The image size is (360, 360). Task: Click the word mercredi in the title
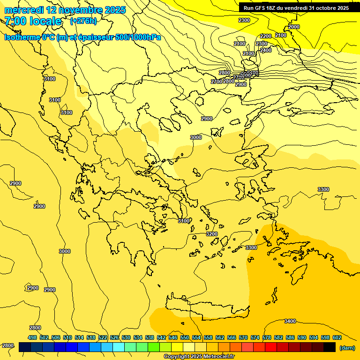[x=24, y=10]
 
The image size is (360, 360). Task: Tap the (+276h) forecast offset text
[x=83, y=21]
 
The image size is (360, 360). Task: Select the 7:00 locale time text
[x=33, y=21]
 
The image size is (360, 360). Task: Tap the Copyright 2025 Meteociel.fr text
[x=199, y=357]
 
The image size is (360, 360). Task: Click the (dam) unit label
[x=347, y=347]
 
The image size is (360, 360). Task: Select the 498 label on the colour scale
[x=32, y=337]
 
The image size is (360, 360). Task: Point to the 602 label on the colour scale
[x=337, y=337]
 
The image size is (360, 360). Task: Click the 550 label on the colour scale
[x=185, y=337]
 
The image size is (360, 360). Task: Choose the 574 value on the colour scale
[x=255, y=337]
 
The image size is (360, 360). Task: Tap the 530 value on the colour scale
[x=126, y=337]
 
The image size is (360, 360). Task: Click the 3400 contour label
[x=290, y=321]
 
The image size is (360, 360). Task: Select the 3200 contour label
[x=212, y=234]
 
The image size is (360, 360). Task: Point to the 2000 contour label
[x=294, y=27]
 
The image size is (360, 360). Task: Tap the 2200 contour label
[x=266, y=36]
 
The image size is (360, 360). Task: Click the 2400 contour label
[x=266, y=50]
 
